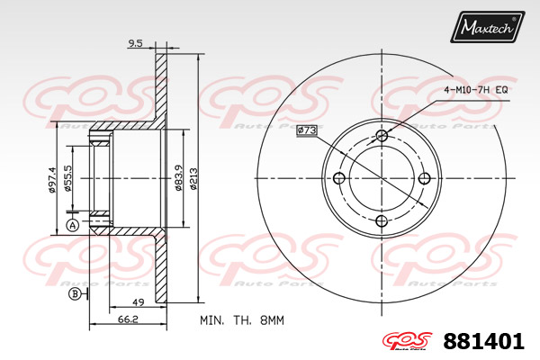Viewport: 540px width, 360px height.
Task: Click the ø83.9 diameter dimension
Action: pyautogui.click(x=181, y=176)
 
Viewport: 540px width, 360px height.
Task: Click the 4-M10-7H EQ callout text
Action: pyautogui.click(x=476, y=91)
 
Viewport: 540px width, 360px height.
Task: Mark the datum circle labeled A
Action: pyautogui.click(x=72, y=225)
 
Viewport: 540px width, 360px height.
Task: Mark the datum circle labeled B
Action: pyautogui.click(x=74, y=294)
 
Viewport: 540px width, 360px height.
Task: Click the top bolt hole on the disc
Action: pyautogui.click(x=382, y=136)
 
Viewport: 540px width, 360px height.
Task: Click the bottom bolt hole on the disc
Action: pyautogui.click(x=382, y=220)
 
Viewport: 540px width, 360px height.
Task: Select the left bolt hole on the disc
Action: pyautogui.click(x=339, y=177)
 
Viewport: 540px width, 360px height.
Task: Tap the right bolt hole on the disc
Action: pyautogui.click(x=424, y=177)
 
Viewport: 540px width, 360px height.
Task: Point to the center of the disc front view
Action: pyautogui.click(x=382, y=178)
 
